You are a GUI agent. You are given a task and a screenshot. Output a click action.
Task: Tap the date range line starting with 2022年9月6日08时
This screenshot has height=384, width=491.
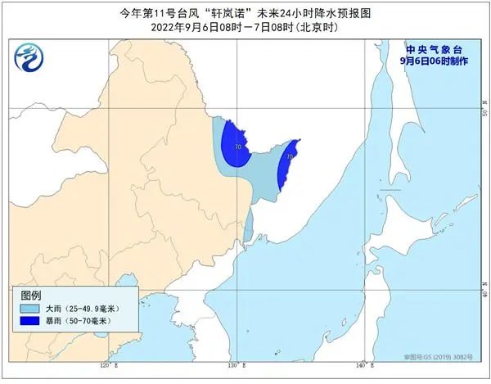245,27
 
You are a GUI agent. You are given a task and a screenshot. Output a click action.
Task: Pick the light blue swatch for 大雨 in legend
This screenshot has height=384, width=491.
36,308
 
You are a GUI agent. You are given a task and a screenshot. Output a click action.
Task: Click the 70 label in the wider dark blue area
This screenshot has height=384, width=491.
237,147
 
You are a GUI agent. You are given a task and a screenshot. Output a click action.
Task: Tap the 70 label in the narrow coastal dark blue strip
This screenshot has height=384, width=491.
291,156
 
